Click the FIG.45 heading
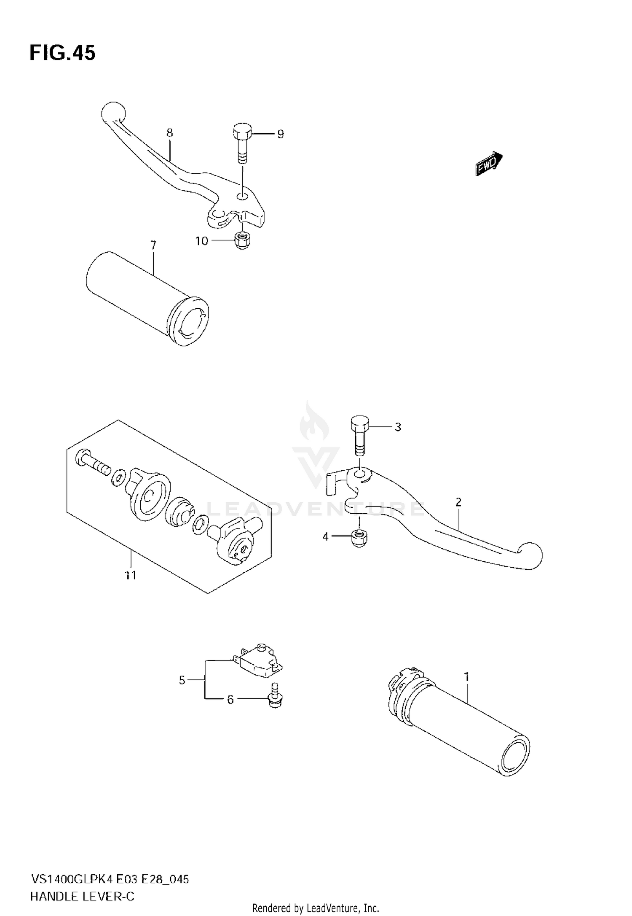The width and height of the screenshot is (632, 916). click(62, 54)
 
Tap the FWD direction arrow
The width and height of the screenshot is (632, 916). click(489, 164)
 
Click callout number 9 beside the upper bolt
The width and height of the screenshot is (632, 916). click(280, 134)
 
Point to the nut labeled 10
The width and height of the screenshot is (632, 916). click(241, 241)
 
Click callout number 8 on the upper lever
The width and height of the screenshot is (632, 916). click(169, 133)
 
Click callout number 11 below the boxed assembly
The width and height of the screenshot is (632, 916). click(131, 575)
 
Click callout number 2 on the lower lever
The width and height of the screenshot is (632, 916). click(458, 502)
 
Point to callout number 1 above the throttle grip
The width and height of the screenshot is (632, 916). click(467, 677)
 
